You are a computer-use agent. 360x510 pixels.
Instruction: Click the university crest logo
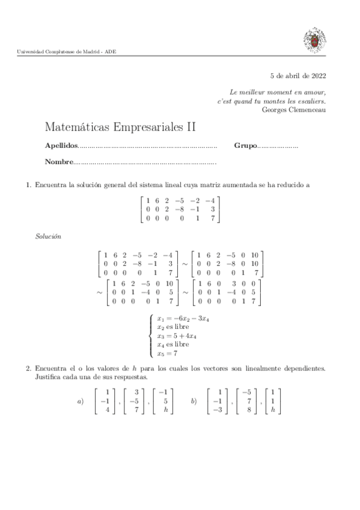pyautogui.click(x=314, y=40)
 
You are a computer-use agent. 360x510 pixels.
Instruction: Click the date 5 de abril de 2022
pyautogui.click(x=298, y=76)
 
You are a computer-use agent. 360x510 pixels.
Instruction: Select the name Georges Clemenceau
pyautogui.click(x=294, y=109)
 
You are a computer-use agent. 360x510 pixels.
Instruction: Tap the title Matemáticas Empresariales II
pyautogui.click(x=121, y=127)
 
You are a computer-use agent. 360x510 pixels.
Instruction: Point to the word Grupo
pyautogui.click(x=245, y=146)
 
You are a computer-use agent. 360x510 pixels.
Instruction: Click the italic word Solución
pyautogui.click(x=49, y=237)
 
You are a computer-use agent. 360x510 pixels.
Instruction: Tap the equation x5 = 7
pyautogui.click(x=167, y=354)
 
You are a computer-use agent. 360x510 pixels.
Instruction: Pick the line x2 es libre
pyautogui.click(x=172, y=327)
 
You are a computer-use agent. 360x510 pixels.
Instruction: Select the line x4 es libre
pyautogui.click(x=172, y=345)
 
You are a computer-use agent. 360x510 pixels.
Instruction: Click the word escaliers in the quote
pyautogui.click(x=312, y=101)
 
